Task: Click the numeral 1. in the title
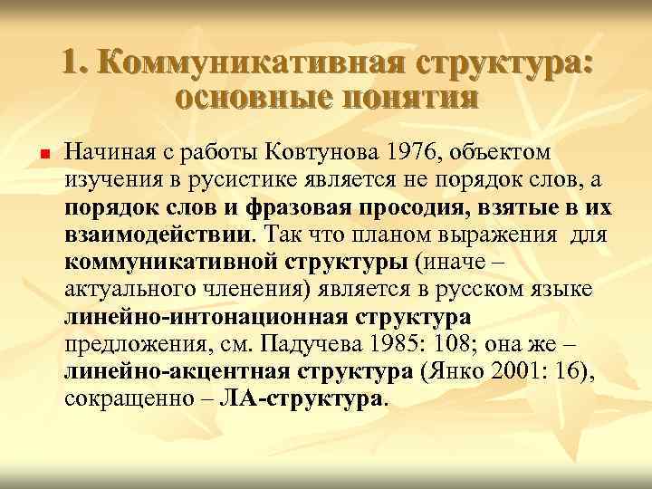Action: pyautogui.click(x=74, y=63)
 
